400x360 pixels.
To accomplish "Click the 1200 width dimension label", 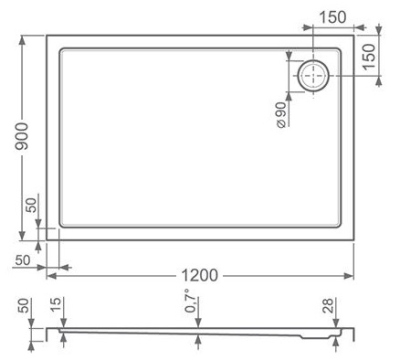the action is (200, 275).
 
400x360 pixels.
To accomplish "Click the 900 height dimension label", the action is (23, 136).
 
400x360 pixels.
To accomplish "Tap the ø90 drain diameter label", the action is (281, 115).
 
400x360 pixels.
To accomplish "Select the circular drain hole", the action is (313, 76).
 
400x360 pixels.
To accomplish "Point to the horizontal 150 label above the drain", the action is (333, 17).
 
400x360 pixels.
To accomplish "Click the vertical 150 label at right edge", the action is (369, 57).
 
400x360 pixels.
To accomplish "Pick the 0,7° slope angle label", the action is (191, 301).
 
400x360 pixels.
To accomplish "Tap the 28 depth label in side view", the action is (328, 305).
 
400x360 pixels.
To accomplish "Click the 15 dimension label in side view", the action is (56, 305).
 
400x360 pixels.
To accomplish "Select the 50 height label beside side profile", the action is (23, 306).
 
